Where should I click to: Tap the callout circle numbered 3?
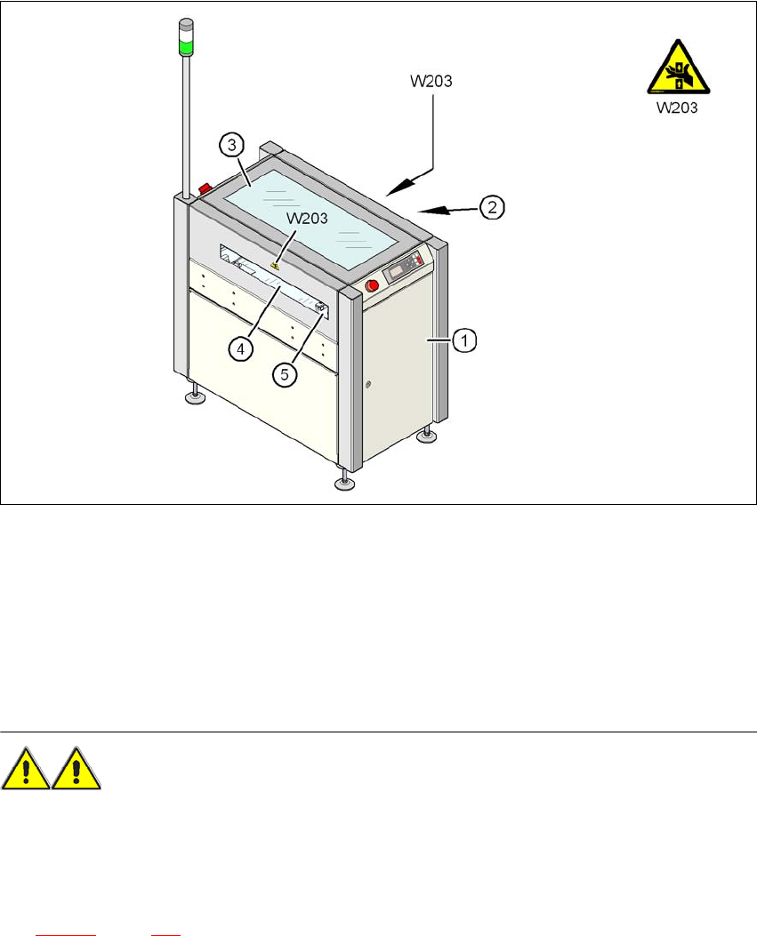(230, 143)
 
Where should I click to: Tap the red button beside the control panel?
(371, 286)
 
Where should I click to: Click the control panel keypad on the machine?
(409, 265)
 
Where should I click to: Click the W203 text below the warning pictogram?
(678, 111)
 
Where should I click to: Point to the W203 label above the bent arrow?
(431, 82)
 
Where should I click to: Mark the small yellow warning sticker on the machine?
(276, 265)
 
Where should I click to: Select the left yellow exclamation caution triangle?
(27, 768)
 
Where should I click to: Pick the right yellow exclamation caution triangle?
(77, 768)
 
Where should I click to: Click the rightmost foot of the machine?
(430, 434)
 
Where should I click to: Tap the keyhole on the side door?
(367, 385)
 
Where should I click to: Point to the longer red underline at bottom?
(65, 934)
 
